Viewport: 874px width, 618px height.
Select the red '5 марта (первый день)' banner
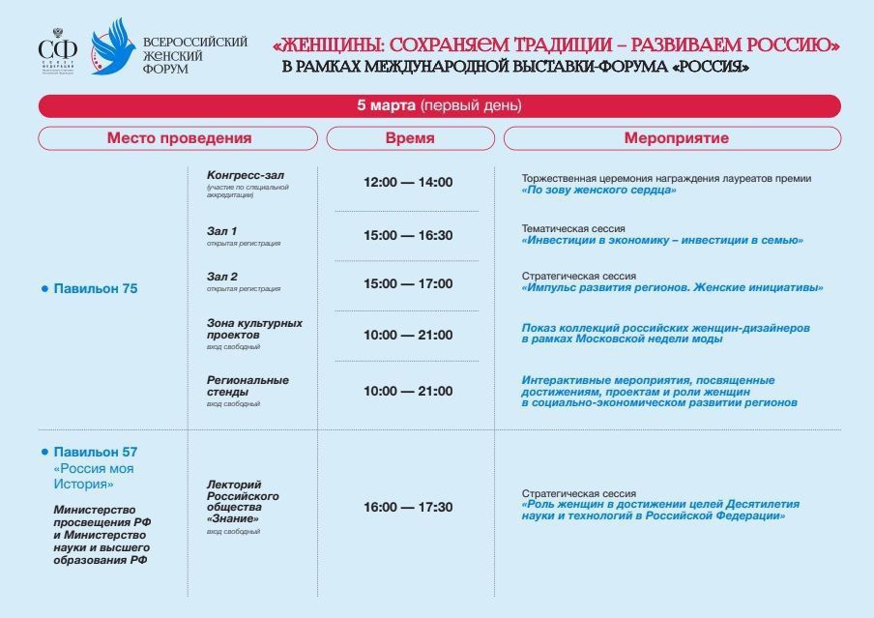pyautogui.click(x=439, y=105)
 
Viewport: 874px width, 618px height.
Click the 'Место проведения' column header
pyautogui.click(x=179, y=138)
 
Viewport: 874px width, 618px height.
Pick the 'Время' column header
pyautogui.click(x=410, y=138)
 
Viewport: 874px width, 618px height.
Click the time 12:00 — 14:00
pyautogui.click(x=408, y=182)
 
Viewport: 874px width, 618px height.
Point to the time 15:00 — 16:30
pyautogui.click(x=408, y=235)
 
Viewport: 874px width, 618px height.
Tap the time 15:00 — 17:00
pyautogui.click(x=408, y=283)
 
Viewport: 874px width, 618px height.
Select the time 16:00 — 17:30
pyautogui.click(x=408, y=507)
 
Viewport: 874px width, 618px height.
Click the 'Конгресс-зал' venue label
pyautogui.click(x=246, y=175)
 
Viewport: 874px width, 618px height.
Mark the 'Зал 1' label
pyautogui.click(x=222, y=231)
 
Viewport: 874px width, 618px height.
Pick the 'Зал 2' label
pyautogui.click(x=222, y=277)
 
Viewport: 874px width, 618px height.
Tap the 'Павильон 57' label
pyautogui.click(x=96, y=452)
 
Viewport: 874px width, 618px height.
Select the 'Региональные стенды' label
pyautogui.click(x=248, y=386)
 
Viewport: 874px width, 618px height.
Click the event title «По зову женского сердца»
pyautogui.click(x=598, y=191)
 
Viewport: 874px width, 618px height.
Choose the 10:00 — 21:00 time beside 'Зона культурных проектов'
pyautogui.click(x=408, y=335)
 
